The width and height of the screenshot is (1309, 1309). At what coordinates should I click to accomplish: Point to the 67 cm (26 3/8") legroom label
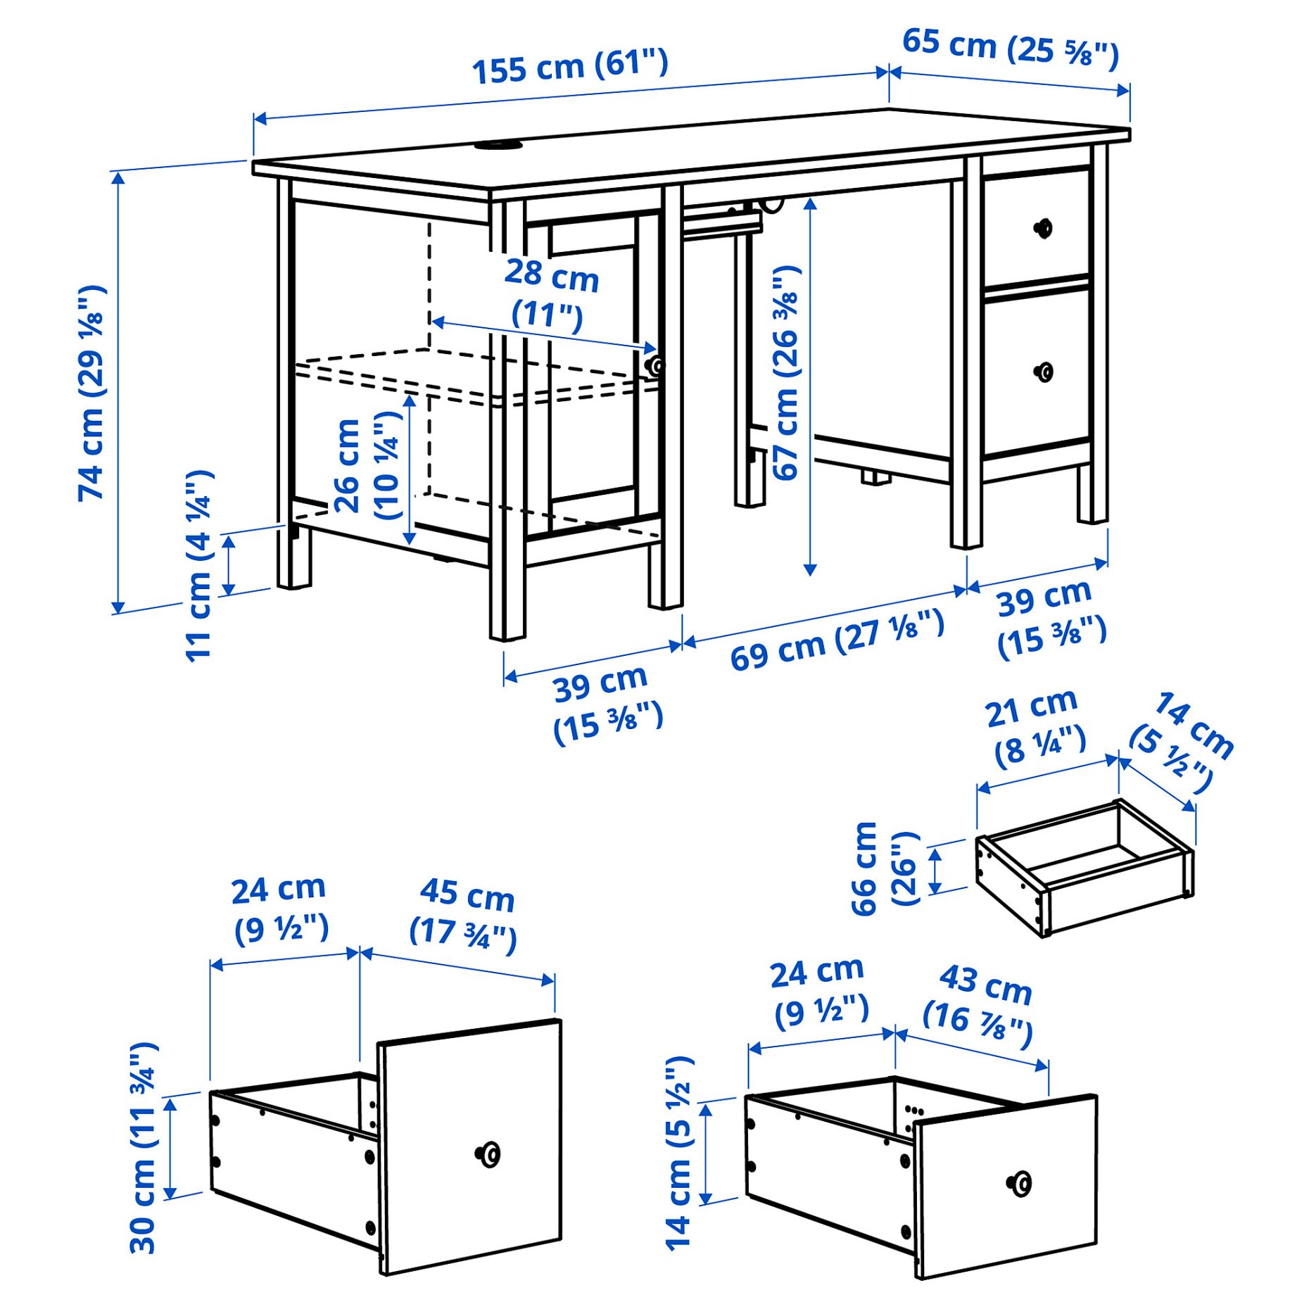coord(787,373)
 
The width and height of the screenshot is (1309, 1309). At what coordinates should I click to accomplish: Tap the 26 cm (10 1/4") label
coord(366,465)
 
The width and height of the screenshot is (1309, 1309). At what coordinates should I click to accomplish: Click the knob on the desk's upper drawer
coord(1043,228)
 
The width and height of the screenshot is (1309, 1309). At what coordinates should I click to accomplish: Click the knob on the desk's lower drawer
coord(1044,372)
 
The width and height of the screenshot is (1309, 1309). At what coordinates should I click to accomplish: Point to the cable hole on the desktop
coord(497,145)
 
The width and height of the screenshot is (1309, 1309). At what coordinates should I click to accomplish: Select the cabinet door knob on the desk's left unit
coord(655,365)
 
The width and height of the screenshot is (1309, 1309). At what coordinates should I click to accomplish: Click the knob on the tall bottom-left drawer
coord(488,1154)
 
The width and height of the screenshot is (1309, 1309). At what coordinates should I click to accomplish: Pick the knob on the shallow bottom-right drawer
coord(1019,1184)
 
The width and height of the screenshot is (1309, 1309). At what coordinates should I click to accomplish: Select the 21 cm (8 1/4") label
coord(1035,728)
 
